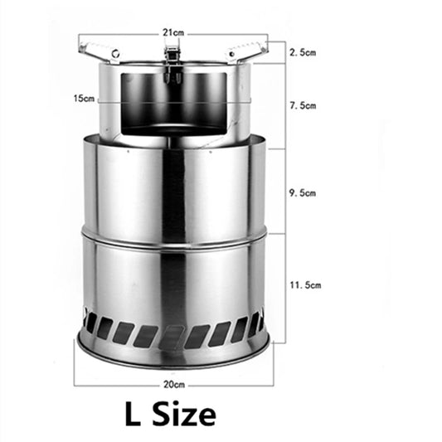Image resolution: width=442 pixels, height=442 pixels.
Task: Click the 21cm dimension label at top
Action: click(x=173, y=32)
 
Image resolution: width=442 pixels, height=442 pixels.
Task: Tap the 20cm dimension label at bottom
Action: click(x=174, y=385)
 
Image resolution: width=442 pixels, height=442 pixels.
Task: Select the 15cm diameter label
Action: click(x=84, y=99)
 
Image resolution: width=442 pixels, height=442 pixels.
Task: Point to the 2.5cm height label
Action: click(x=303, y=52)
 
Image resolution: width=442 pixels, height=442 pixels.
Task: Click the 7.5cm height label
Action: click(x=303, y=105)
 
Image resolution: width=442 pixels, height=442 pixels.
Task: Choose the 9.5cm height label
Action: click(x=303, y=193)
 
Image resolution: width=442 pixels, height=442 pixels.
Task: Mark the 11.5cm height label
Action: click(x=305, y=285)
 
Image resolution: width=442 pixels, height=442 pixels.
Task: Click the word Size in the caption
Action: click(x=184, y=415)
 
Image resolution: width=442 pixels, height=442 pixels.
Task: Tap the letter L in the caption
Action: click(x=133, y=414)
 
